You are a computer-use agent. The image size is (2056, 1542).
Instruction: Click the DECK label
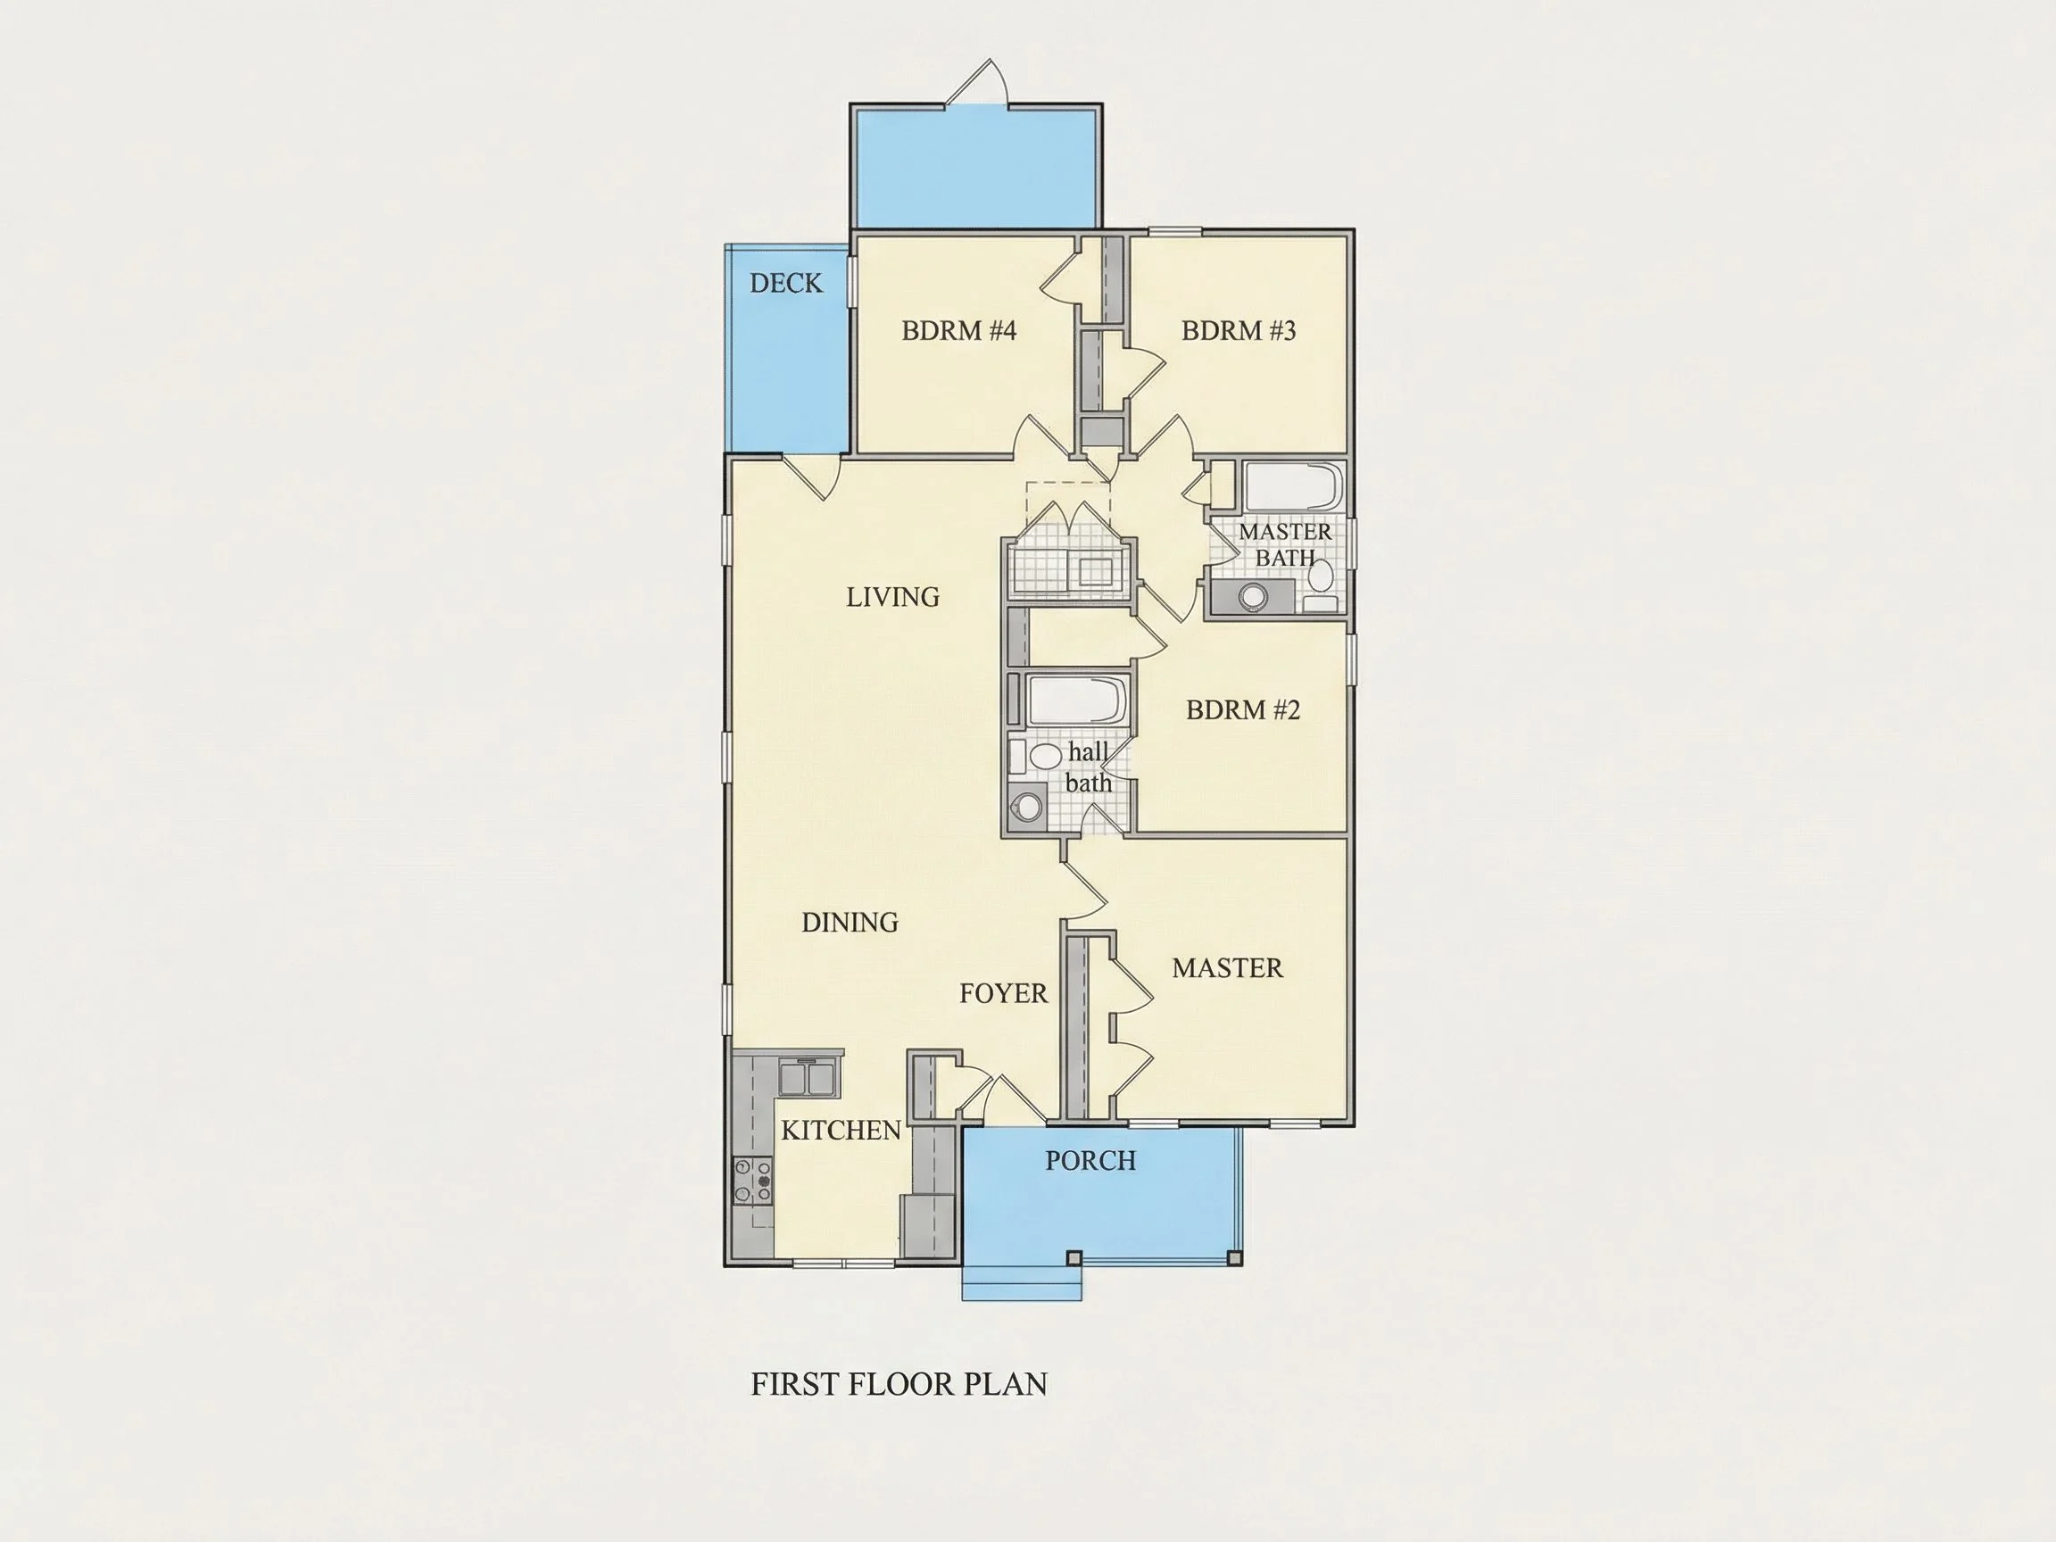click(x=786, y=284)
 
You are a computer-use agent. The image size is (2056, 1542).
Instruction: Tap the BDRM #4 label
click(x=959, y=331)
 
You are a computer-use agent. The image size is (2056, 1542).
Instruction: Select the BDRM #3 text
click(x=1238, y=331)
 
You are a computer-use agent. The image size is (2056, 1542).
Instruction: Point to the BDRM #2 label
click(x=1243, y=710)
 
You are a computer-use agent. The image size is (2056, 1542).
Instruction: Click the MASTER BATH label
click(x=1286, y=544)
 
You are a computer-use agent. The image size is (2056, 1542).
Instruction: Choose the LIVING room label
click(x=892, y=597)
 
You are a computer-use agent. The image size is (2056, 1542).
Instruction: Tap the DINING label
click(x=850, y=922)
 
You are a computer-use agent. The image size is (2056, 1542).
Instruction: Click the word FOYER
click(x=1003, y=993)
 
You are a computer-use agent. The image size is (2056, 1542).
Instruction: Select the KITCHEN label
click(x=841, y=1131)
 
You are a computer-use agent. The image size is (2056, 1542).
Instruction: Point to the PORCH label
click(x=1090, y=1161)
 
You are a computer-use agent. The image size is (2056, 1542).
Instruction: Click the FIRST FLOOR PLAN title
click(x=899, y=1385)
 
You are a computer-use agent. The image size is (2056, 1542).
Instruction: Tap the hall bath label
click(x=1089, y=767)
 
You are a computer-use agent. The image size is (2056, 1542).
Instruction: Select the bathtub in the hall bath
click(x=1077, y=701)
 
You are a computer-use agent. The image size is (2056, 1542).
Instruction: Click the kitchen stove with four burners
click(x=752, y=1181)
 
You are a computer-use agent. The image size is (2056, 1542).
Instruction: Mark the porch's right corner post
click(x=1234, y=1259)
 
